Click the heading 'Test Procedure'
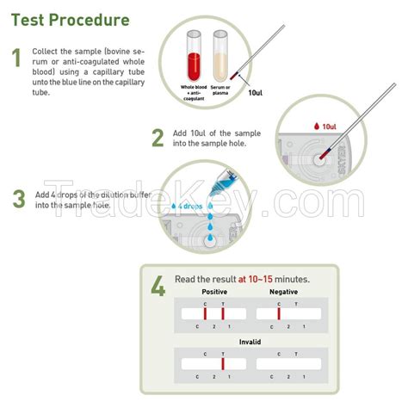(71, 20)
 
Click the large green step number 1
(16, 59)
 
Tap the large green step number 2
(157, 138)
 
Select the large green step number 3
(18, 199)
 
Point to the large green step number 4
(158, 286)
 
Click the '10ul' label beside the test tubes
(256, 93)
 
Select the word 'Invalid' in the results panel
(250, 342)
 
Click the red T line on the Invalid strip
(222, 364)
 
